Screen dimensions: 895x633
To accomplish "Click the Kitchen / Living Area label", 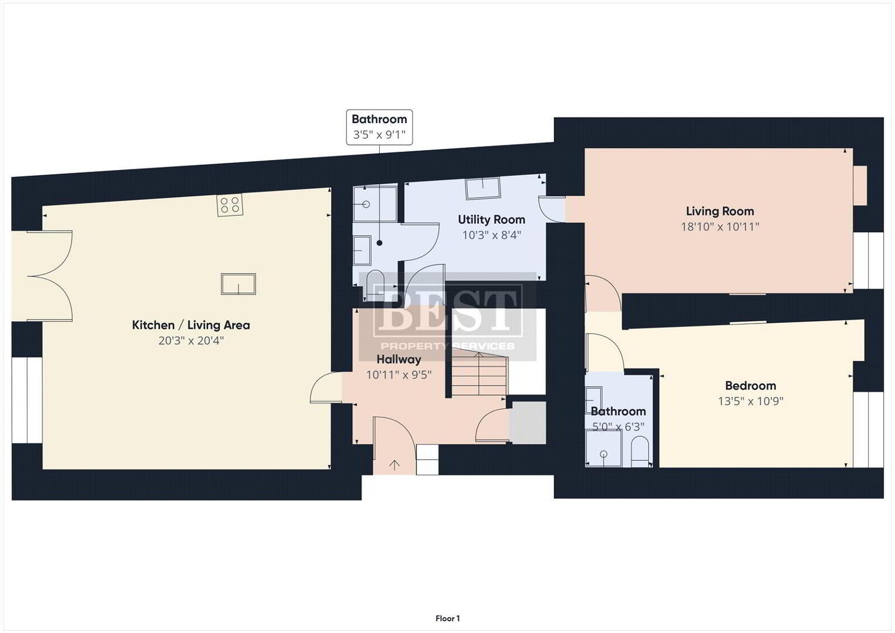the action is [191, 325].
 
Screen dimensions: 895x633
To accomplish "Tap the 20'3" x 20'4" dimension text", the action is [191, 341].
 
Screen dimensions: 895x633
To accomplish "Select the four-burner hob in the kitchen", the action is [230, 205].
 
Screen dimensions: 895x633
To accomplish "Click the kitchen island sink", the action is [239, 284].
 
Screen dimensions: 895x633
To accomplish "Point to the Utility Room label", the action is [491, 219].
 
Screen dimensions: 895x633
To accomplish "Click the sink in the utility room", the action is [483, 188].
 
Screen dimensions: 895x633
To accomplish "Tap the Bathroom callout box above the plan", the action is [379, 127].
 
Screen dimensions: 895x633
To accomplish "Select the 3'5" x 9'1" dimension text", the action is [379, 135].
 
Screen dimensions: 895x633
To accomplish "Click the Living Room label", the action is [720, 211].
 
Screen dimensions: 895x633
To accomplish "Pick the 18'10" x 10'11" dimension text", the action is [720, 227].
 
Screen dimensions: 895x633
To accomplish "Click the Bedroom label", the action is [750, 386].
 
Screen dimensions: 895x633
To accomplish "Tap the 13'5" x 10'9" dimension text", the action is [750, 401].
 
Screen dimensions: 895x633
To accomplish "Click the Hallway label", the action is [399, 359].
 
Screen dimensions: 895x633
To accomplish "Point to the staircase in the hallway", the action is [479, 372].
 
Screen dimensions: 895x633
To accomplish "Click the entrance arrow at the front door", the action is [395, 465].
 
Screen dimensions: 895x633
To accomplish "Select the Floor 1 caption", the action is [448, 618].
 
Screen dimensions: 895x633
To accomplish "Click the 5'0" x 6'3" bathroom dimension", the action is [618, 427].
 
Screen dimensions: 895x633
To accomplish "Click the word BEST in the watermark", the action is [448, 309].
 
